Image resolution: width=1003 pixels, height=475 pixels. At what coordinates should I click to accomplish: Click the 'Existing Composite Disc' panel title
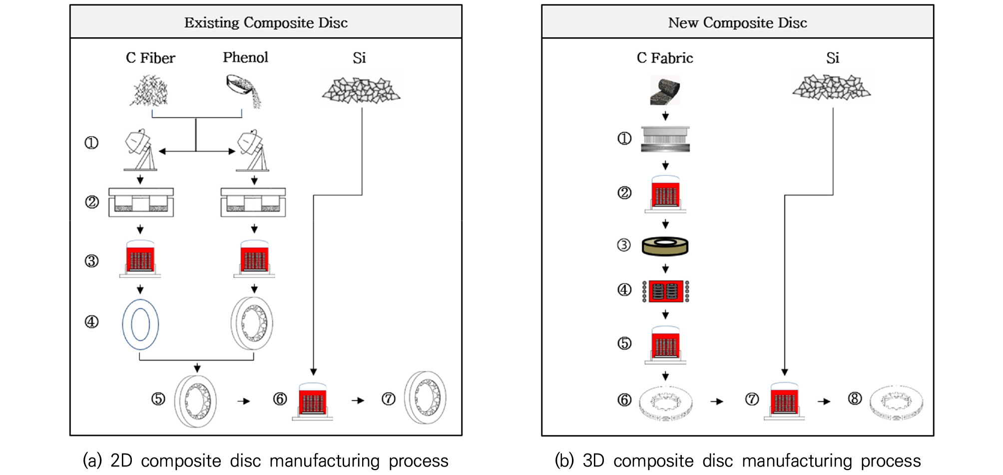(266, 22)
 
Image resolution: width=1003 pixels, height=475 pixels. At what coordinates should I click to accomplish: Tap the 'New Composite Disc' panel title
(737, 22)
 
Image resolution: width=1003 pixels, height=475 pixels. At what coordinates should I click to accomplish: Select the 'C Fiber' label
(150, 58)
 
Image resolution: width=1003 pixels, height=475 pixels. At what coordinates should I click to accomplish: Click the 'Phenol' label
(245, 57)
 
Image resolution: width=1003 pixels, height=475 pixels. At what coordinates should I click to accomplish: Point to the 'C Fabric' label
(665, 58)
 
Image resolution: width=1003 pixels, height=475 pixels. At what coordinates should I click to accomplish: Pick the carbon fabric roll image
(665, 90)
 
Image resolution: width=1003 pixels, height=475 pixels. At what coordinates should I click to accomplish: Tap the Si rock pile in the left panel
(361, 90)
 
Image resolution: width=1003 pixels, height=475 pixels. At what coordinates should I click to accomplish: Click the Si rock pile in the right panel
(832, 87)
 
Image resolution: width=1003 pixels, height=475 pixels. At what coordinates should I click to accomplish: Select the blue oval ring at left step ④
(123, 324)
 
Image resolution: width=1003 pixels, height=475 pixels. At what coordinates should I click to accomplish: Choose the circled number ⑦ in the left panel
(389, 399)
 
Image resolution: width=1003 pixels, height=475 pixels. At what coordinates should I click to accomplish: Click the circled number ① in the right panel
(624, 138)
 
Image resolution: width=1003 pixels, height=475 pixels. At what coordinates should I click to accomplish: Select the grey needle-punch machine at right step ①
(665, 139)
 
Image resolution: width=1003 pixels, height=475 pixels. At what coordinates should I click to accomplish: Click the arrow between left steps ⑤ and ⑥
(243, 401)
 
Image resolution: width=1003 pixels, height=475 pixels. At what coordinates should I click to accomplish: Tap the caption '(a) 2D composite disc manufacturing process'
(265, 460)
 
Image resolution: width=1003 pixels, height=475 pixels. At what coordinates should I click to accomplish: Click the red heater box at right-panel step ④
(665, 291)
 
